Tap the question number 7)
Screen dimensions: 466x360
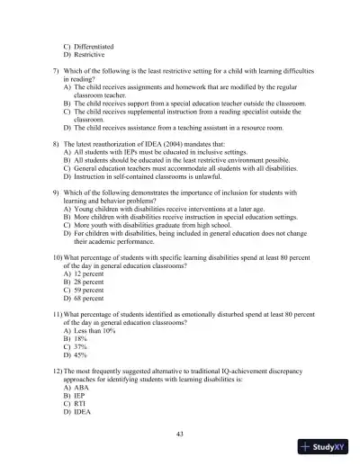point(56,70)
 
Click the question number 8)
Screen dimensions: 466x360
point(56,144)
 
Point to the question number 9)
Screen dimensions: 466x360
point(56,193)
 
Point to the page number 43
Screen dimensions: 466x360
point(180,434)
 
